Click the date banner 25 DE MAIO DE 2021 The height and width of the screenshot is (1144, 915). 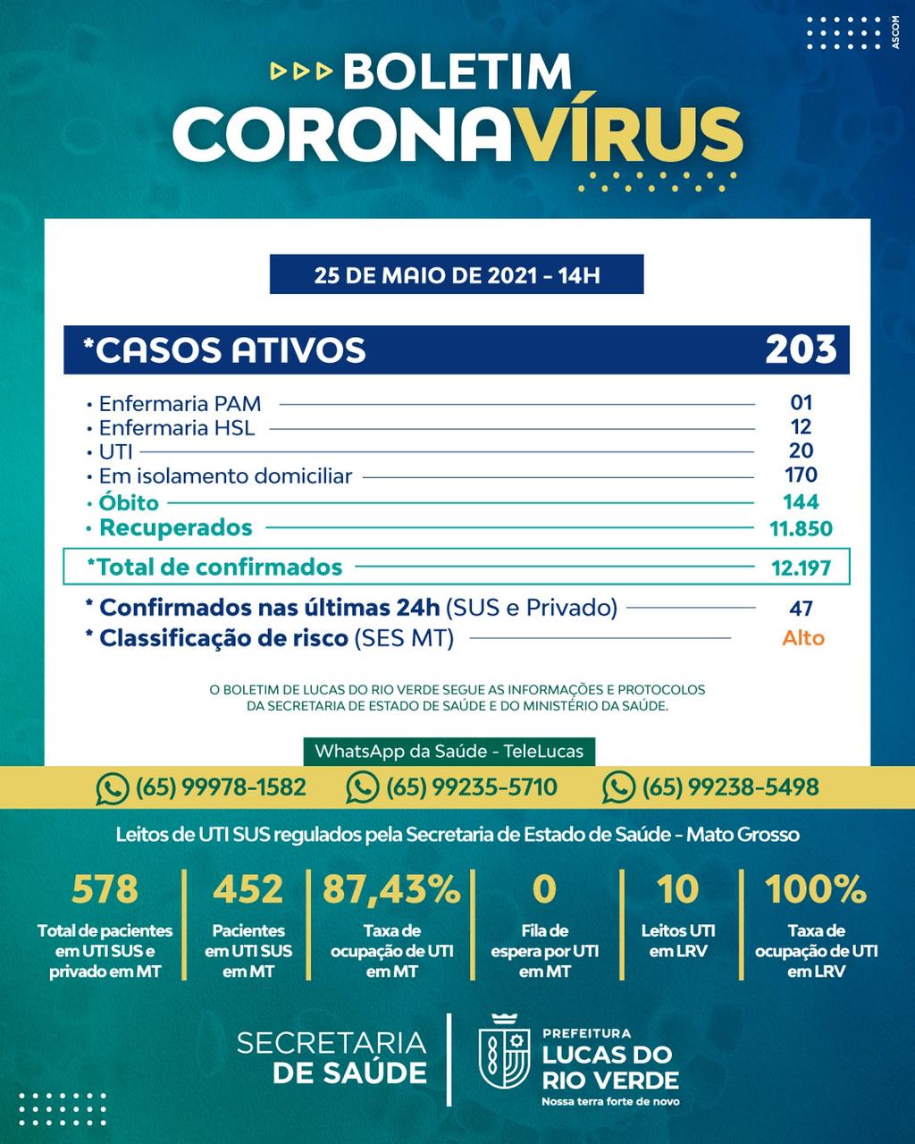(457, 274)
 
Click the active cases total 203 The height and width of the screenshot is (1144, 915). (801, 349)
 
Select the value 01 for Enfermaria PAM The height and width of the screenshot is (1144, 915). (801, 403)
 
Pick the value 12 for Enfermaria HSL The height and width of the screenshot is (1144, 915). (801, 427)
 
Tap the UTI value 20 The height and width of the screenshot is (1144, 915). (801, 451)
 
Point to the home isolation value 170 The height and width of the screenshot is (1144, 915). (801, 475)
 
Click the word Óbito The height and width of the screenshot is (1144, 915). (129, 502)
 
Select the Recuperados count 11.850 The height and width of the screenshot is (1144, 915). (801, 528)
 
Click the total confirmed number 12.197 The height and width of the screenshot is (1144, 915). (801, 568)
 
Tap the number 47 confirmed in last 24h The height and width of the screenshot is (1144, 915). (801, 609)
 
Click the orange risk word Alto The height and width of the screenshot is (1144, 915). (802, 638)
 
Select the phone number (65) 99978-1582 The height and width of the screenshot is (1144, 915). (220, 787)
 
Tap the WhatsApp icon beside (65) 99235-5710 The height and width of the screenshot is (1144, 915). (362, 787)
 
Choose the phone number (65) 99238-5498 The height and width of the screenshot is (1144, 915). (729, 787)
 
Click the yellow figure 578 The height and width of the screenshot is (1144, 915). (105, 889)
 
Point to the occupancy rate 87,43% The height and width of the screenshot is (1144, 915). (391, 889)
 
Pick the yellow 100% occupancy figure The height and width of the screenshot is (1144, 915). (815, 889)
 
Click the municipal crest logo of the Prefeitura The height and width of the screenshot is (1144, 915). (506, 1058)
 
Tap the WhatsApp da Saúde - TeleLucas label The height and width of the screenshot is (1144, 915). (449, 751)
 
